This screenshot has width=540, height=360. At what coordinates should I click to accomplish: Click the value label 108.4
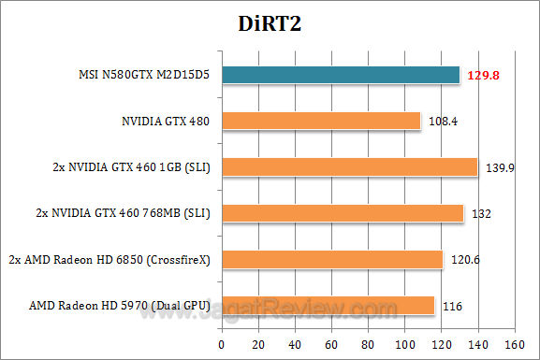pos(442,122)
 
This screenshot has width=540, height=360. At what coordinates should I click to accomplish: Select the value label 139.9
pos(499,168)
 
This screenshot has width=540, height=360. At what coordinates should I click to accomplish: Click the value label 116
pos(453,306)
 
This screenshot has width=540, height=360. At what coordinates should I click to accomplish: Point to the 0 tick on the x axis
pos(221,343)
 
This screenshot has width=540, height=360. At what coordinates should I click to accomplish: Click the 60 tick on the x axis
pos(329,343)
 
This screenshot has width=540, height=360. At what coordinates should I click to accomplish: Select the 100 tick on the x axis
pos(402,343)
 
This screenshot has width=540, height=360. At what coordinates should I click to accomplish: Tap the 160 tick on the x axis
pos(513,343)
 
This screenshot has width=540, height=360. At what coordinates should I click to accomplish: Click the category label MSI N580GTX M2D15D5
pos(145,75)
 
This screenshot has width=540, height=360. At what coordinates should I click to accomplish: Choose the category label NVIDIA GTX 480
pos(166,121)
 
